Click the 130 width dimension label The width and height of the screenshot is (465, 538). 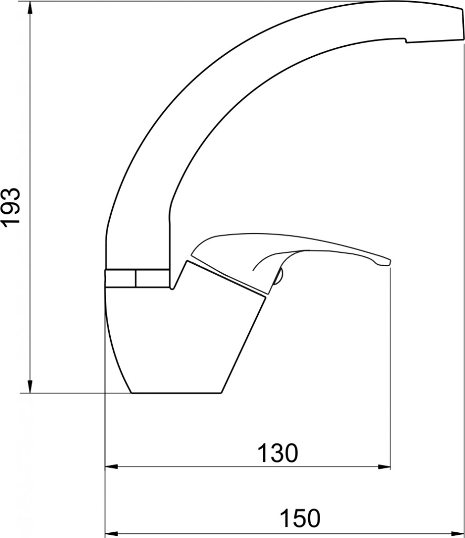(278, 453)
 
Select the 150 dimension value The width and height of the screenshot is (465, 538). (300, 518)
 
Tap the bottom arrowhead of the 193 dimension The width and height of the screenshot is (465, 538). (30, 386)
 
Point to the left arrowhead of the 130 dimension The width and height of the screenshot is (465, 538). (111, 467)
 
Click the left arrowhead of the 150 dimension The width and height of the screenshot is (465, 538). (111, 534)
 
